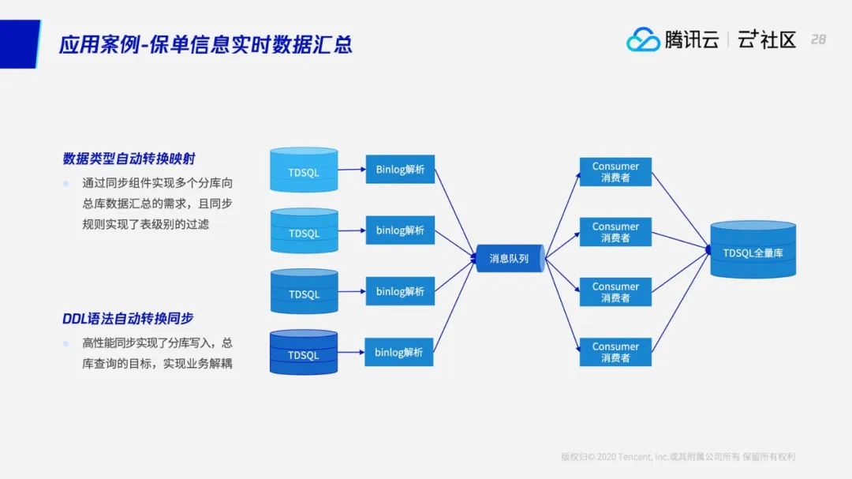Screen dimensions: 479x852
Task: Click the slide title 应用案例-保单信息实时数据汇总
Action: coord(206,43)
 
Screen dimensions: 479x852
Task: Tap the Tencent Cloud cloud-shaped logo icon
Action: coord(643,39)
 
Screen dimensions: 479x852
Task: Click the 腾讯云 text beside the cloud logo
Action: coord(691,39)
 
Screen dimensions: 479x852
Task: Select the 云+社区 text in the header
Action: coord(767,39)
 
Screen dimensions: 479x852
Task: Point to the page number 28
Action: coord(818,39)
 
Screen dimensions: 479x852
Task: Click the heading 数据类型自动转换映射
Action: coord(129,159)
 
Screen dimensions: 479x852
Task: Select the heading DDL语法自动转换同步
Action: coord(128,319)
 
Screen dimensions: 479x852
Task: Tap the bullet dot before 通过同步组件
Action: coord(66,183)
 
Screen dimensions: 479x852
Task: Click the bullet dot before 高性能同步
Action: coord(66,343)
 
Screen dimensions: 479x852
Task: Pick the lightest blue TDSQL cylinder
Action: coord(304,170)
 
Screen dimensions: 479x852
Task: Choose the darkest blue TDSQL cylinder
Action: coord(304,354)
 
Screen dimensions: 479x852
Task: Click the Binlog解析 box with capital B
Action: coord(400,170)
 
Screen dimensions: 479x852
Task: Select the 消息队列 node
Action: coord(510,258)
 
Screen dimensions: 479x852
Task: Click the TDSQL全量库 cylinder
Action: coord(753,251)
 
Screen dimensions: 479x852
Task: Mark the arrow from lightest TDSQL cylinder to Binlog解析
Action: coord(352,170)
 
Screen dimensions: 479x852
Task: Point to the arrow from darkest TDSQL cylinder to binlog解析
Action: coord(351,353)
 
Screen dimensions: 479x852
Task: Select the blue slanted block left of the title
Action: coord(20,43)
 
